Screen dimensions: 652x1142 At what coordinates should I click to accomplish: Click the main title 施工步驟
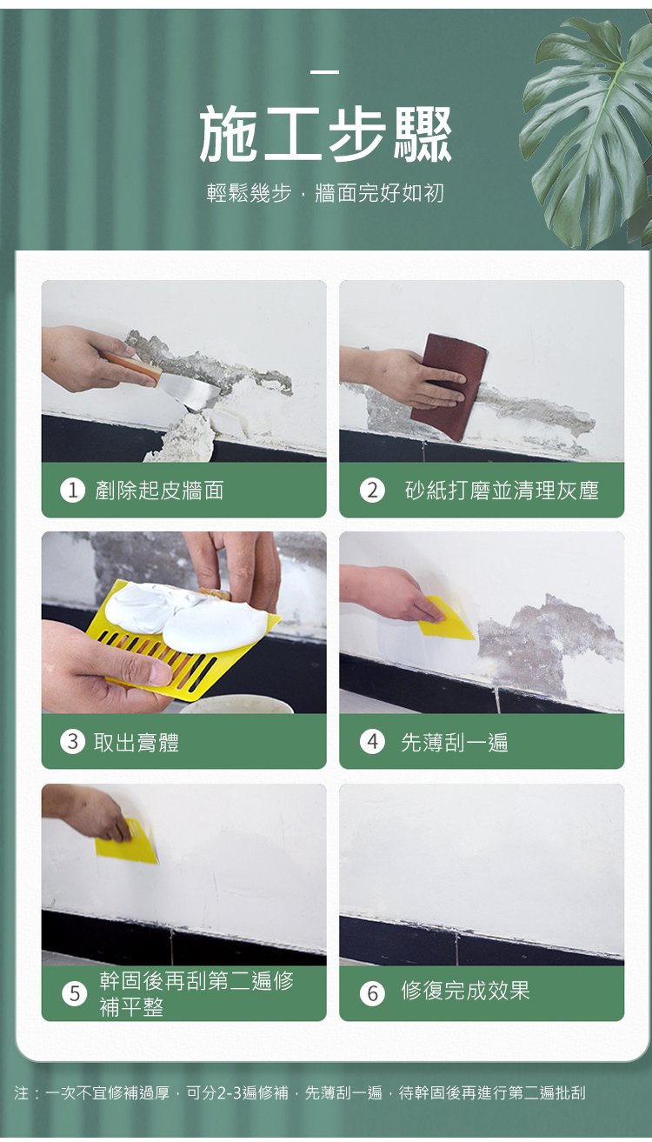tap(325, 135)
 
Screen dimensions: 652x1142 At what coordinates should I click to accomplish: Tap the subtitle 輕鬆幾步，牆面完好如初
tap(325, 193)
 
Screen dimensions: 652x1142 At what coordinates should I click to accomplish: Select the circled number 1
tap(72, 491)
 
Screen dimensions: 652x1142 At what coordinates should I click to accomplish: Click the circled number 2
tap(372, 491)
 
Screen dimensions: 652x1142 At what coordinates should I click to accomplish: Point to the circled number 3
tap(72, 742)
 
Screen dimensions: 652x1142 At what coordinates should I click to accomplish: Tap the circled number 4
tap(372, 742)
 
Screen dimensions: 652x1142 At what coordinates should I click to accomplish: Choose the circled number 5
tap(75, 993)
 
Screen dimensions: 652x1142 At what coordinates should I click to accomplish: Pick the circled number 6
tap(372, 993)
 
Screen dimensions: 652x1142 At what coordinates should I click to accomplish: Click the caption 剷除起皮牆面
tap(159, 491)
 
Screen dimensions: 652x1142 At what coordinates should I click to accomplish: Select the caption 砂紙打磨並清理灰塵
tap(502, 491)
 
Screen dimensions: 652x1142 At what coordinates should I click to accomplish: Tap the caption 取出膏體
tap(136, 742)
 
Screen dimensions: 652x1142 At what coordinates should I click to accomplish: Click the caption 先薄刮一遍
tap(455, 742)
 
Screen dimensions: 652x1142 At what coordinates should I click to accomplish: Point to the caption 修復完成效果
tap(466, 991)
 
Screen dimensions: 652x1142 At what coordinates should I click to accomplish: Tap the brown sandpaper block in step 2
tap(449, 386)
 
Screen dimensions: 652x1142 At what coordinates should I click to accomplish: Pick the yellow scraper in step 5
tap(127, 841)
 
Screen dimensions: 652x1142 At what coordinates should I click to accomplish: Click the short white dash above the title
tap(325, 72)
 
